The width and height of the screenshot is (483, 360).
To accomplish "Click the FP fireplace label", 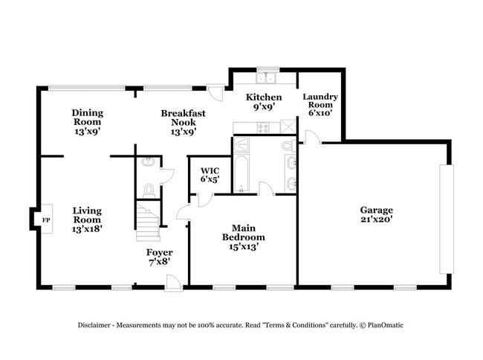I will point(45,220).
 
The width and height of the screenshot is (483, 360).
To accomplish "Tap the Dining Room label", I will point(87,122).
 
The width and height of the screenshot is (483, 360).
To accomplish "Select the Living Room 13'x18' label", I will point(87,219).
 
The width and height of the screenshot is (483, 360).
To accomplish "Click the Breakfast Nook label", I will point(183,122).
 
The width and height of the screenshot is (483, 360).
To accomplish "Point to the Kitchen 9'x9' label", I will point(264,102).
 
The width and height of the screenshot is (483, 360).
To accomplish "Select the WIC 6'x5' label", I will point(210,174).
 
